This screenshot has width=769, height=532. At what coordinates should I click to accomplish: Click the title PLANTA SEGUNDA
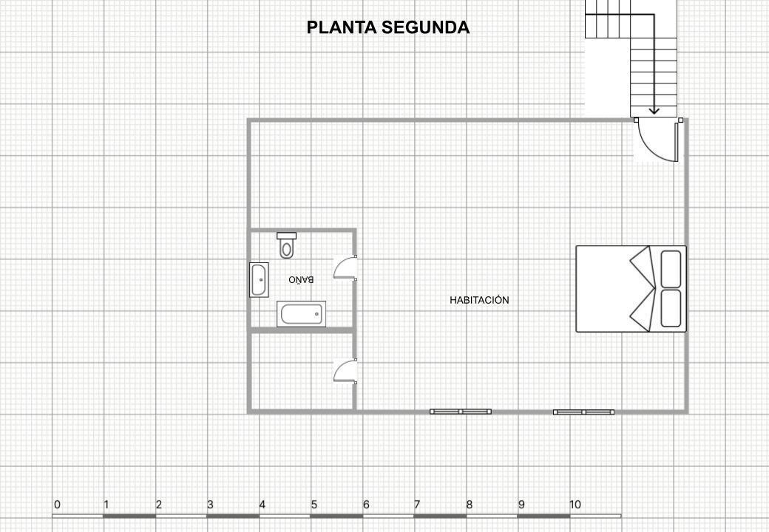[x=388, y=27]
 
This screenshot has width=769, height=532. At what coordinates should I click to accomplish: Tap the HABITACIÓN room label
[x=479, y=300]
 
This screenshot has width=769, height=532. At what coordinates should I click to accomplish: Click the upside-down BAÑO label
[x=301, y=279]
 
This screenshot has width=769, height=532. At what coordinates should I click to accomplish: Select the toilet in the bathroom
[x=286, y=245]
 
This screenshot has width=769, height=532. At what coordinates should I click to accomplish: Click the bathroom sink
[x=259, y=280]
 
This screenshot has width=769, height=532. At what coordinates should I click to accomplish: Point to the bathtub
[x=301, y=313]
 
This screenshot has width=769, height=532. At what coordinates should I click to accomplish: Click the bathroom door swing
[x=345, y=267]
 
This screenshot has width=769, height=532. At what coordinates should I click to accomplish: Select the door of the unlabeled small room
[x=345, y=371]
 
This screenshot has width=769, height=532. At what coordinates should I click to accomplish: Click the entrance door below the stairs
[x=657, y=140]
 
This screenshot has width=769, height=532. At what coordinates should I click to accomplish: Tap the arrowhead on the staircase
[x=654, y=111]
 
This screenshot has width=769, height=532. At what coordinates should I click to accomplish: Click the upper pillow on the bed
[x=671, y=269]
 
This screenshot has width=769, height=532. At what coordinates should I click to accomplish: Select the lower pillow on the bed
[x=671, y=308]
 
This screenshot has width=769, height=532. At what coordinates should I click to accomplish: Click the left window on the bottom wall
[x=461, y=412]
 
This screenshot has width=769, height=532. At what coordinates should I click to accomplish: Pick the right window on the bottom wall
[x=583, y=412]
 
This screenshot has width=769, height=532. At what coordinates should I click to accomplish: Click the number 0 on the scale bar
[x=58, y=505]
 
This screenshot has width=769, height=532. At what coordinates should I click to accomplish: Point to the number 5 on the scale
[x=314, y=505]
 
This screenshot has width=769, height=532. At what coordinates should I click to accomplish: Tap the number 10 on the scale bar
[x=575, y=505]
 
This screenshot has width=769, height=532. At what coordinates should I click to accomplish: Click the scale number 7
[x=417, y=505]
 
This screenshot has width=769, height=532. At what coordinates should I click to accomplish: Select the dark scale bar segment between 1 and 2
[x=129, y=516]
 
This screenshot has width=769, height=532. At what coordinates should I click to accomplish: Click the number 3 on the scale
[x=210, y=505]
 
